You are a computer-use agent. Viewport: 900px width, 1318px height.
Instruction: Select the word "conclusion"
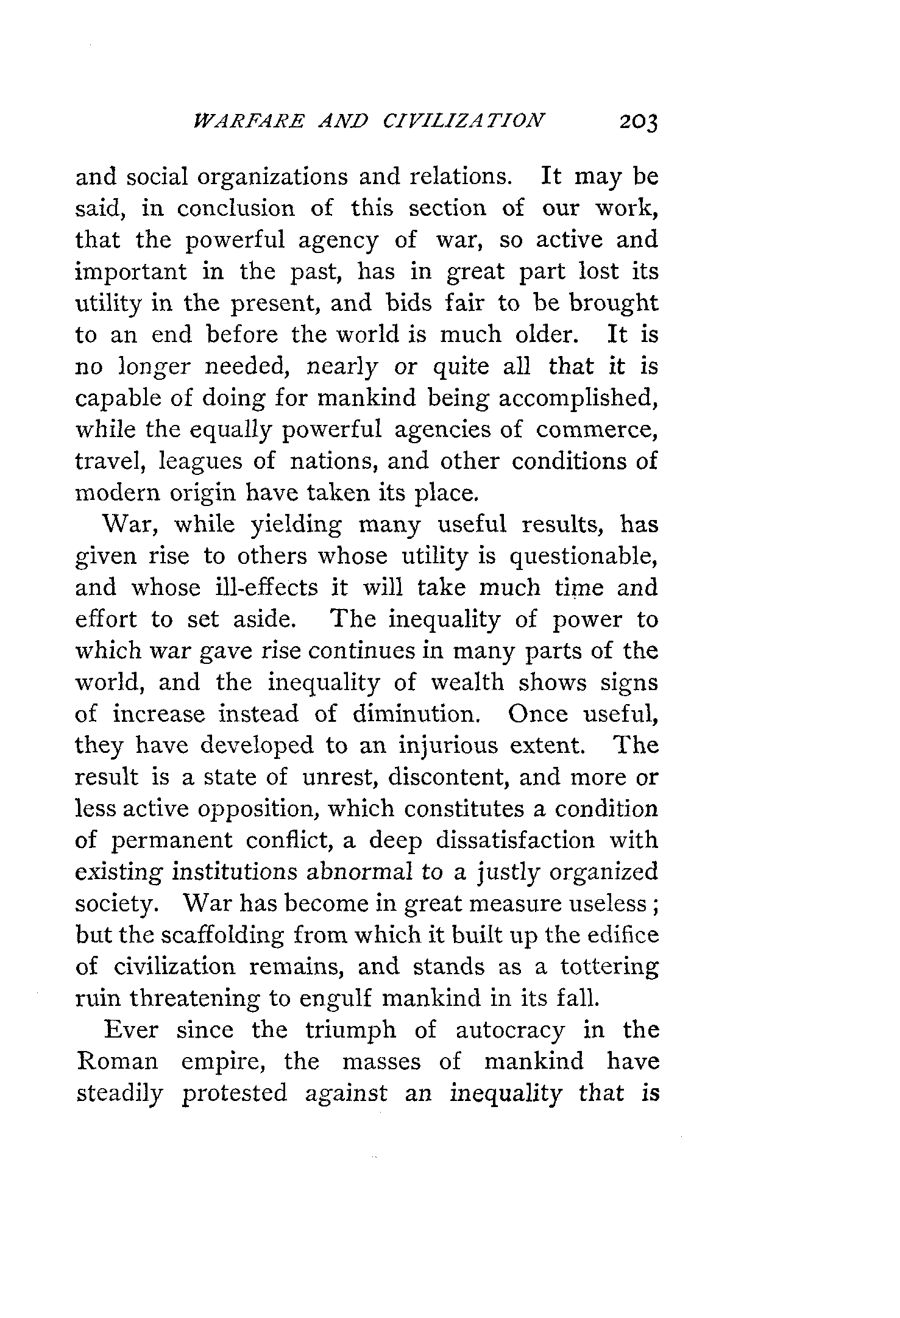pos(236,208)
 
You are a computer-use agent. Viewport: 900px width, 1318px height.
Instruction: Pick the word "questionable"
pos(583,557)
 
